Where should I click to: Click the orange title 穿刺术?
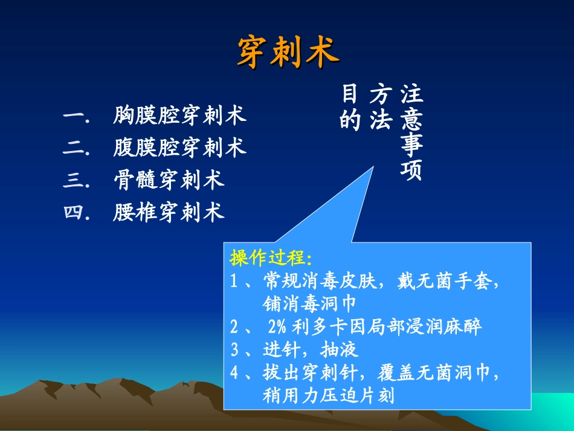(x=287, y=51)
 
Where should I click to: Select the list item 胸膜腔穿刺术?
(x=179, y=115)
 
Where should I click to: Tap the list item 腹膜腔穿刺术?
(x=179, y=147)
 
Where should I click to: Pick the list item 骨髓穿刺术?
(x=169, y=180)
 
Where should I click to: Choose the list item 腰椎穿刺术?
(x=169, y=212)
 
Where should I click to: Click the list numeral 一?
(x=74, y=115)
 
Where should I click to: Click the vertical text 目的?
(x=350, y=107)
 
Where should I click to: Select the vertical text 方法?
(x=379, y=107)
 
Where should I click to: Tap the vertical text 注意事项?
(x=411, y=132)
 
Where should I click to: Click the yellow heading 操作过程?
(x=271, y=258)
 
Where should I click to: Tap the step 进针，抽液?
(x=311, y=349)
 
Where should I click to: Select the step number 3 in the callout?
(x=235, y=350)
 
